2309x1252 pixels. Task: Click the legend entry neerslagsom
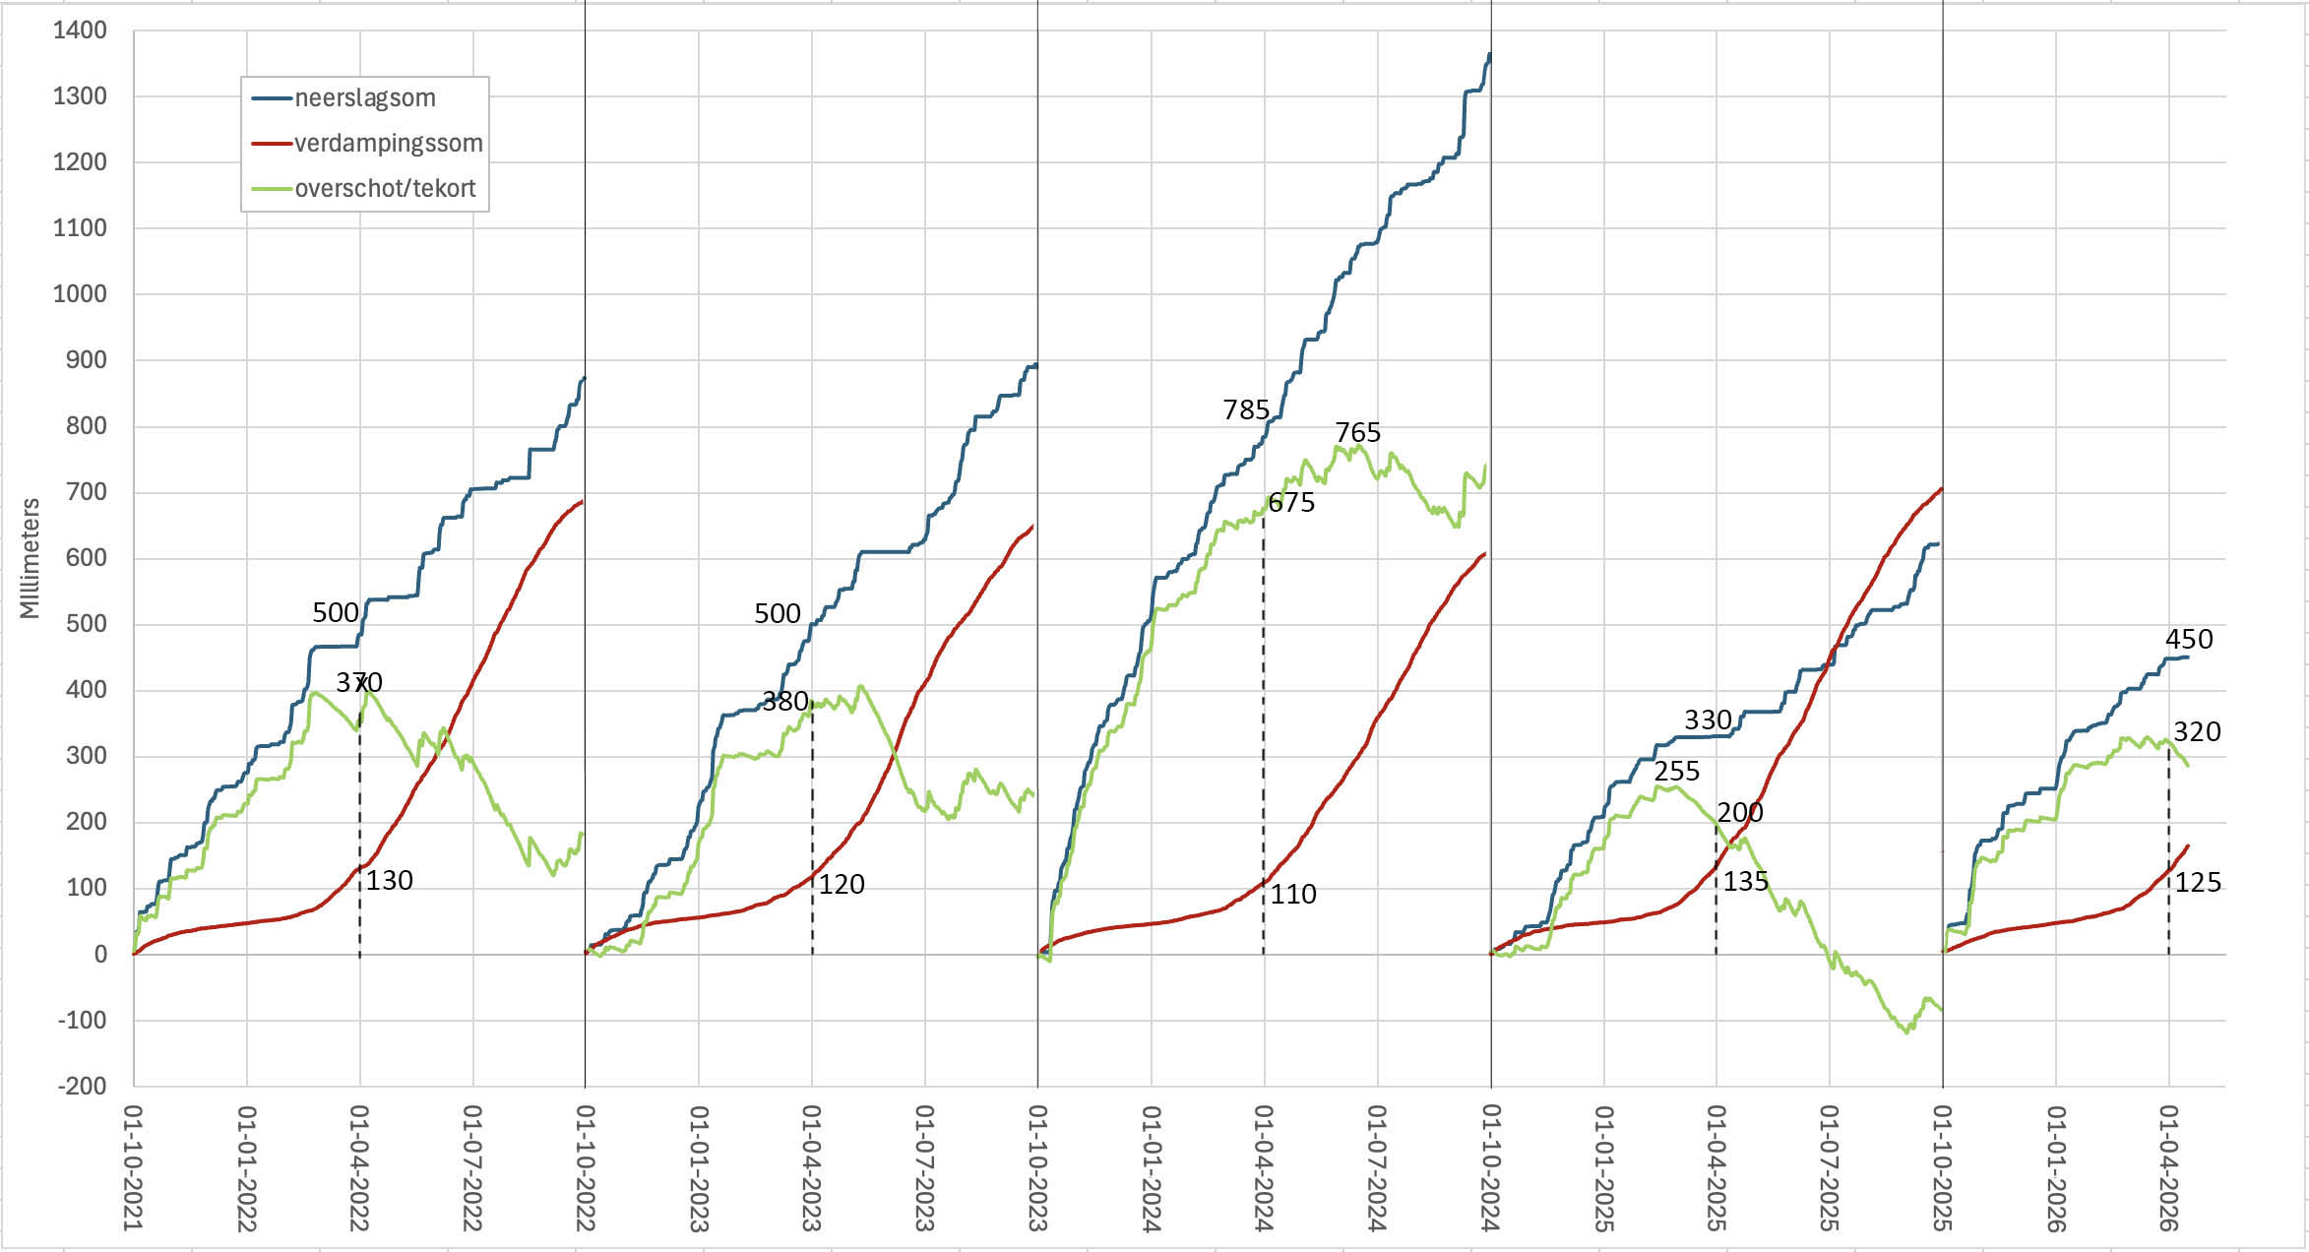coord(364,97)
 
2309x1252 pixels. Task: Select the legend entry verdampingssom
coord(388,143)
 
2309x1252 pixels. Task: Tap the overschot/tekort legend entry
coord(385,188)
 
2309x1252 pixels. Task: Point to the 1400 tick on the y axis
coord(80,31)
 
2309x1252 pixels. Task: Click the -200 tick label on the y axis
coord(82,1086)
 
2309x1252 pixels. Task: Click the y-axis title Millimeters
coord(31,558)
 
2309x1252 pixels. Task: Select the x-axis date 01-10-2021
coord(133,1167)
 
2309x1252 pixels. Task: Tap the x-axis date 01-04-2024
coord(1264,1167)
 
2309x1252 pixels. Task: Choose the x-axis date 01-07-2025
coord(1829,1167)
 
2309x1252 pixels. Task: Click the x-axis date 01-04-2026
coord(2167,1167)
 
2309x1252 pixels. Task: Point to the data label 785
coord(1246,409)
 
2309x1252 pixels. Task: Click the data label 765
coord(1358,432)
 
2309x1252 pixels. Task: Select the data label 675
coord(1291,503)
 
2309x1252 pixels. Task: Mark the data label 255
coord(1677,771)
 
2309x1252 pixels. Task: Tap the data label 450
coord(2189,639)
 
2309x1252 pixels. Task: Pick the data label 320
coord(2197,731)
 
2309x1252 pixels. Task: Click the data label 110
coord(1293,894)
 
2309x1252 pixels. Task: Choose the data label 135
coord(1746,881)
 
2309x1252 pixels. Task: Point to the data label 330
coord(1708,720)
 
